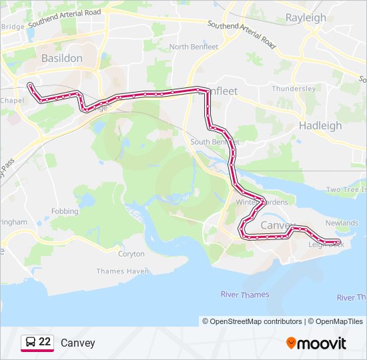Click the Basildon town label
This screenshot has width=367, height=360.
tap(62, 58)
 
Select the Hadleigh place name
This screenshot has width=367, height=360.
tap(320, 125)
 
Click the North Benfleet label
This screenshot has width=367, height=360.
tap(194, 47)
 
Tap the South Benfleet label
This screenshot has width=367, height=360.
tap(214, 142)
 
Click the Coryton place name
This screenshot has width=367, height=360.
tap(131, 254)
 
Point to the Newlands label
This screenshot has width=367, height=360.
tap(342, 223)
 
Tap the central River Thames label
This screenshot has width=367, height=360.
tap(245, 294)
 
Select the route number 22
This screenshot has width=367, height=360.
tap(45, 342)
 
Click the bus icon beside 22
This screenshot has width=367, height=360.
tap(30, 343)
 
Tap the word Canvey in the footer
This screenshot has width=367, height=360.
tap(78, 343)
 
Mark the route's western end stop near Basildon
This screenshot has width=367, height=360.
tap(30, 85)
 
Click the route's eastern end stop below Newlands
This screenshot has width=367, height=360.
tap(338, 241)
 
